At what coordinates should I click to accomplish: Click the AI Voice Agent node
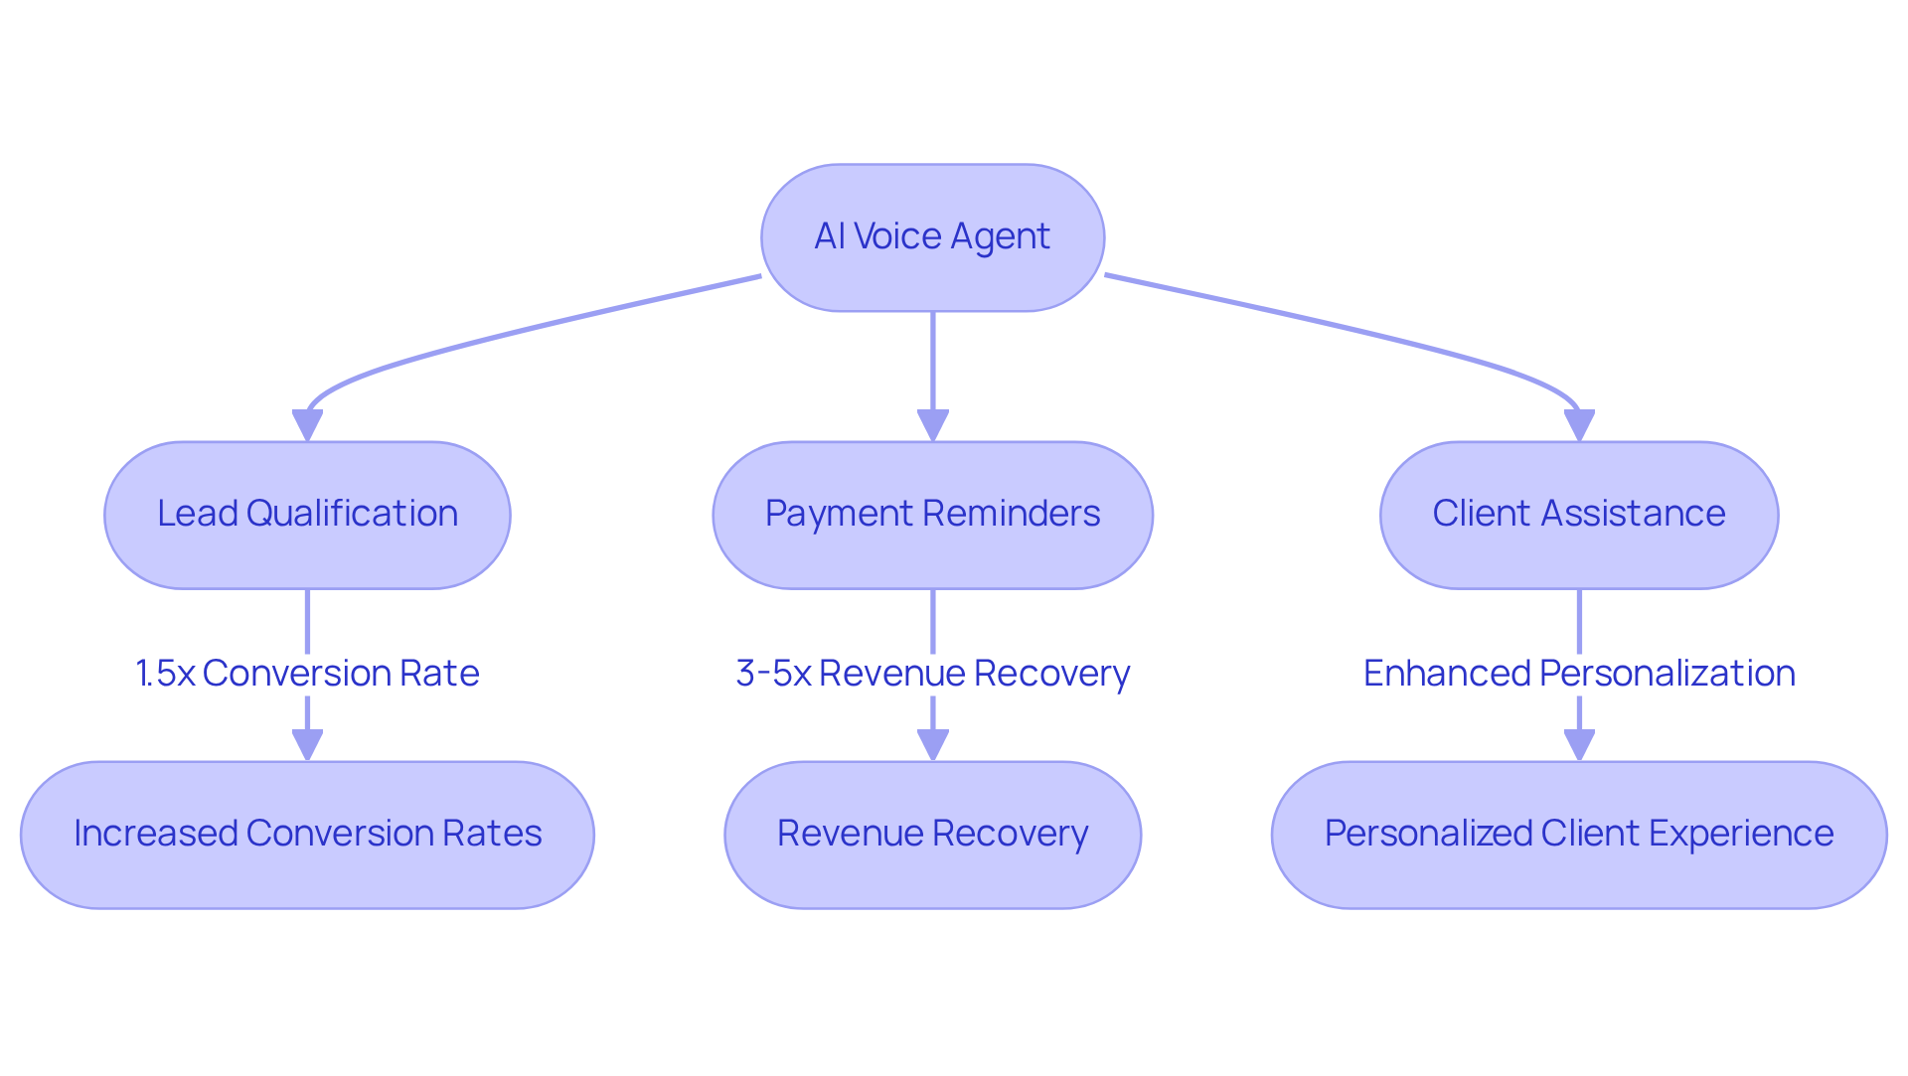tap(932, 237)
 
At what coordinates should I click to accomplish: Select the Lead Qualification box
tap(307, 515)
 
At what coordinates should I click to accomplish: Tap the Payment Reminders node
tap(932, 515)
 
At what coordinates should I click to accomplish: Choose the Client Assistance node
tap(1578, 515)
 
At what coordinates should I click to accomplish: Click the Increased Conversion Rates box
tap(307, 835)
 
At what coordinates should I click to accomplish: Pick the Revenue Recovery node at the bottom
tap(932, 835)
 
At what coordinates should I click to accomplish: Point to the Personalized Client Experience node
tap(1578, 835)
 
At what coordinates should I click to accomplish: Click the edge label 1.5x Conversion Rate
tap(307, 674)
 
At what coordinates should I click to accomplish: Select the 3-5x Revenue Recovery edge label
tap(932, 674)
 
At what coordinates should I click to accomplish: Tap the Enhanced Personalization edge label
tap(1578, 674)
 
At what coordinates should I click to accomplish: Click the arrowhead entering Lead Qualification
tap(307, 425)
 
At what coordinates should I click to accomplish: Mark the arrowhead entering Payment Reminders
tap(932, 425)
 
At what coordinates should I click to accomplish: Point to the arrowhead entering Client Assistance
tap(1578, 425)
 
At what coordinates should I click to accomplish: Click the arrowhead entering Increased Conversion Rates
tap(307, 745)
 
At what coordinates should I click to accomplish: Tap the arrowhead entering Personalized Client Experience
tap(1578, 745)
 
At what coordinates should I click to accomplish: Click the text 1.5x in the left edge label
tap(165, 674)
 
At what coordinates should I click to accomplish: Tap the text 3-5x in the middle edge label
tap(773, 674)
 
